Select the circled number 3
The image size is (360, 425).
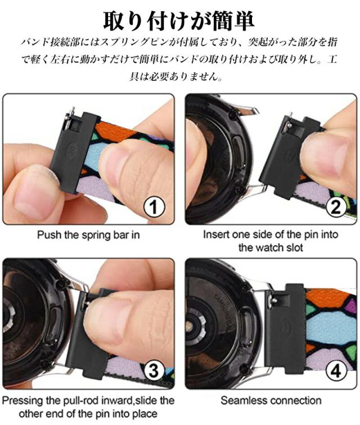point(154,370)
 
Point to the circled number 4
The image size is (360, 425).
point(336,370)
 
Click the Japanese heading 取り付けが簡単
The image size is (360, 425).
point(179,20)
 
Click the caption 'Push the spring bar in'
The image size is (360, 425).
point(88,235)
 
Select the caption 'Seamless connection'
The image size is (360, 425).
point(271,400)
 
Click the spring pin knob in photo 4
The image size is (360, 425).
point(274,300)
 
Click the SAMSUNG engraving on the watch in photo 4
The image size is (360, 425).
point(225,306)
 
